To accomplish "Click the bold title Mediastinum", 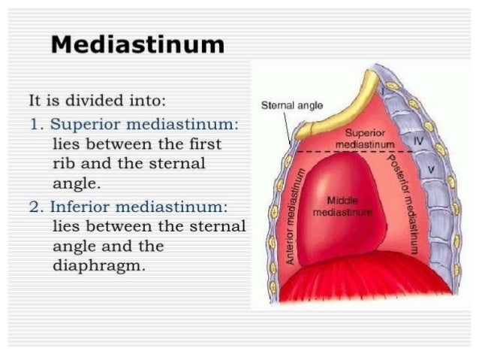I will point(137,45).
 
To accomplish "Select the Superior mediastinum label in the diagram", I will point(361,138).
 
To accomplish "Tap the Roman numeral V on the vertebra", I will point(430,171).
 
